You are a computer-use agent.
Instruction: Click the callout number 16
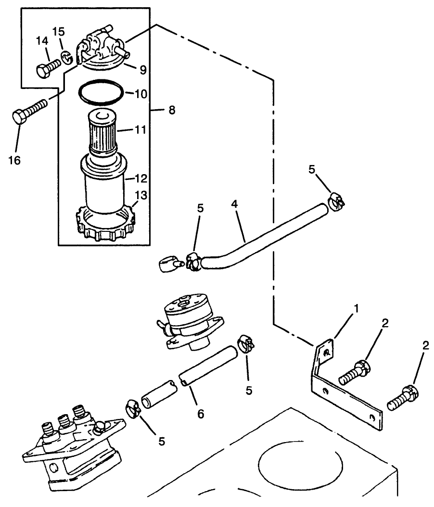[14, 160]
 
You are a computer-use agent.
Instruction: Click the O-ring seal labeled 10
[101, 93]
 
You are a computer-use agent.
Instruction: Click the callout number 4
[234, 203]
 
